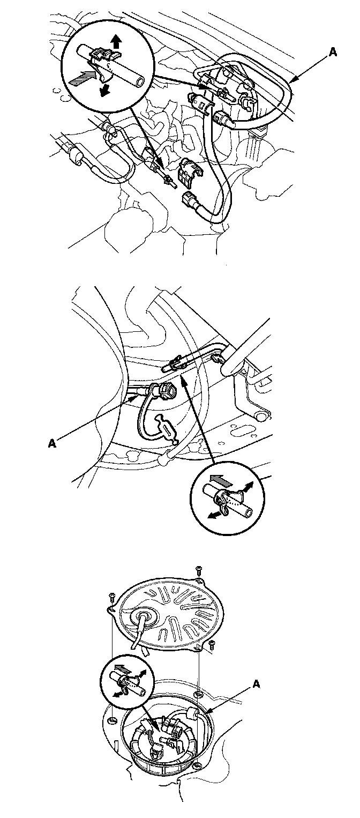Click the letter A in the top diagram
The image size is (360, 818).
(x=332, y=53)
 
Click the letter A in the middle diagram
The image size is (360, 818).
(x=52, y=444)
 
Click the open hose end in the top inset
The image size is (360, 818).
(x=138, y=82)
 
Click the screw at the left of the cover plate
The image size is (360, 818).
(x=112, y=596)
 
